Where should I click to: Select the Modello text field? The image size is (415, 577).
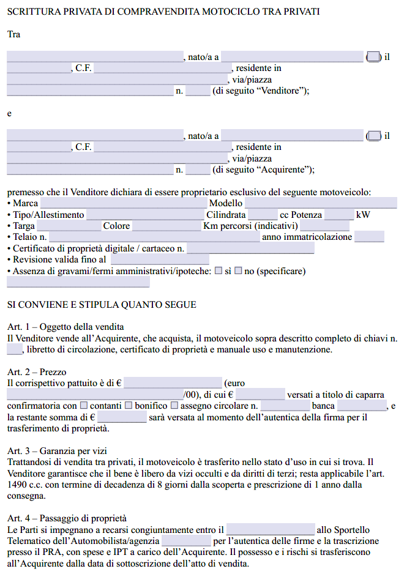[x=320, y=203]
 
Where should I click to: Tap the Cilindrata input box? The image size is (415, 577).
[x=263, y=215]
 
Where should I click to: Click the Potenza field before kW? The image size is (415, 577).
[x=338, y=215]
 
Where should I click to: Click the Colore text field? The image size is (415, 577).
[x=166, y=226]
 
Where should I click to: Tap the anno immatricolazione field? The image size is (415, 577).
[x=369, y=237]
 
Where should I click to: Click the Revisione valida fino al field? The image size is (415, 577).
[x=159, y=259]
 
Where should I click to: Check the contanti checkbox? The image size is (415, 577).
[x=84, y=406]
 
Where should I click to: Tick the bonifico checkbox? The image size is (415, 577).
[x=129, y=406]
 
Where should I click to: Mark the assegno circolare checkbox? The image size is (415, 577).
[x=174, y=406]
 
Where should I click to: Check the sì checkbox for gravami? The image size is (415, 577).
[x=219, y=270]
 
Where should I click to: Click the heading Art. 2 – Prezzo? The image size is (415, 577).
[x=37, y=372]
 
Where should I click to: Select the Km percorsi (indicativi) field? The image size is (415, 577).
[x=324, y=226]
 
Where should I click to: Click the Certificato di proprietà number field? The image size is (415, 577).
[x=250, y=248]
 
